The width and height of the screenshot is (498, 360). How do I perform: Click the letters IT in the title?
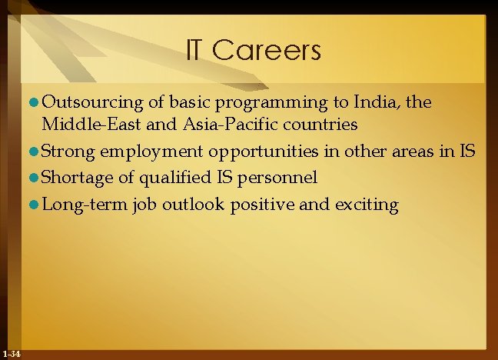point(196,51)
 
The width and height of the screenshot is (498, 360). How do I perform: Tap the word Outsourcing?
point(92,102)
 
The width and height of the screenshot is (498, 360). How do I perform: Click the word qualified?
point(168,178)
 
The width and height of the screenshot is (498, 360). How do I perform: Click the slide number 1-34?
point(12,353)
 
